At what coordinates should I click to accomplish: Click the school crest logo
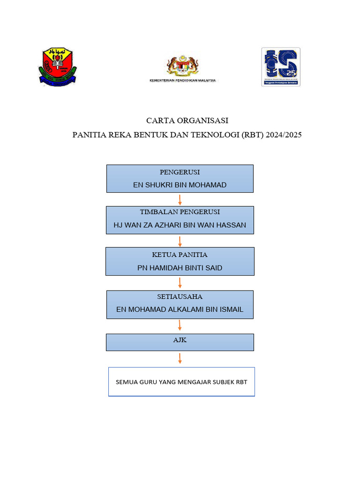coord(58,67)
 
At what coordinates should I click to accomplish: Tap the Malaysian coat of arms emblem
coord(183,66)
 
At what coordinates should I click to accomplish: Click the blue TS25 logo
coord(280,67)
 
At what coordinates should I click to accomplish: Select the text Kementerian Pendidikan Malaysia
coord(183,81)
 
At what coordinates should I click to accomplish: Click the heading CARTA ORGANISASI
coord(187,120)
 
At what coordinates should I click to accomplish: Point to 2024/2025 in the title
coord(283,135)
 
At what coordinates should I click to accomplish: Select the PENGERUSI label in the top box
coord(180,172)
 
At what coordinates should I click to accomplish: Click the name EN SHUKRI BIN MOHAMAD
coord(180,185)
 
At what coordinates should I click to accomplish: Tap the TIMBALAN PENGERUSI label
coord(180,212)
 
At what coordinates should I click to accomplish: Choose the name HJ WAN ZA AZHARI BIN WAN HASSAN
coord(180,225)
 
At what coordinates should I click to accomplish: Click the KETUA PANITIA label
coord(180,255)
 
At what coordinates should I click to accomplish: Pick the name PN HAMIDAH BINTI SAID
coord(180,268)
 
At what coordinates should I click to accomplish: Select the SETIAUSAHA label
coord(180,297)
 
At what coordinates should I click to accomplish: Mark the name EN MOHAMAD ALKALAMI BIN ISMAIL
coord(180,310)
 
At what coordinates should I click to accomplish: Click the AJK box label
coord(180,340)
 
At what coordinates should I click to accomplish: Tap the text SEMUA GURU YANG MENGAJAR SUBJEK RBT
coord(181,382)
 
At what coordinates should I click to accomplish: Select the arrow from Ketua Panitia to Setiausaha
coord(180,283)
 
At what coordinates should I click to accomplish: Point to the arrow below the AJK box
coord(180,359)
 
